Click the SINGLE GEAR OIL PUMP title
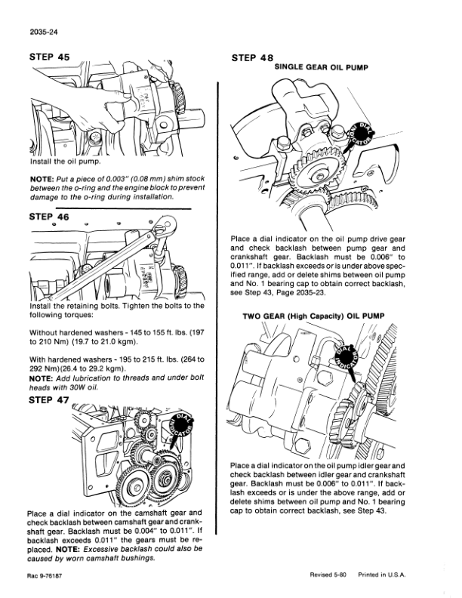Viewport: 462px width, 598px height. click(x=320, y=67)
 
